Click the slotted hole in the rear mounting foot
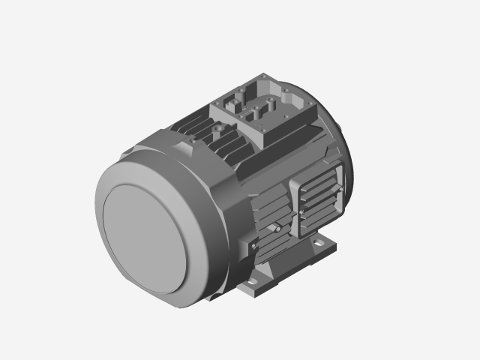coord(323,244)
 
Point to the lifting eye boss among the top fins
coord(218,130)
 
